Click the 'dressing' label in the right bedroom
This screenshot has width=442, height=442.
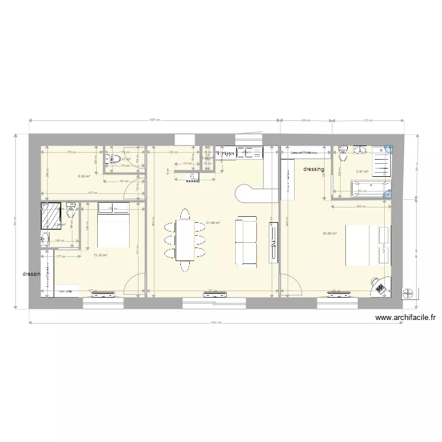tap(314, 170)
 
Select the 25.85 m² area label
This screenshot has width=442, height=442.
tap(329, 233)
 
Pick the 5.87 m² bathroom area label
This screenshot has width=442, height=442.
tap(362, 171)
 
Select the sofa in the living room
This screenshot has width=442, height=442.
tap(246, 242)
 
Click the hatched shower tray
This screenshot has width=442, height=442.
tap(51, 216)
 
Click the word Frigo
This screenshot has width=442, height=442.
tap(226, 153)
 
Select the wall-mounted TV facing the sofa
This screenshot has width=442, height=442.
tap(273, 242)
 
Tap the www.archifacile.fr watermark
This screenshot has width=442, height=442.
tap(405, 318)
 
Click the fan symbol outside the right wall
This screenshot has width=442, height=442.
tap(408, 293)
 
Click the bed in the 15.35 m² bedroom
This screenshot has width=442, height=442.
tap(113, 225)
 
